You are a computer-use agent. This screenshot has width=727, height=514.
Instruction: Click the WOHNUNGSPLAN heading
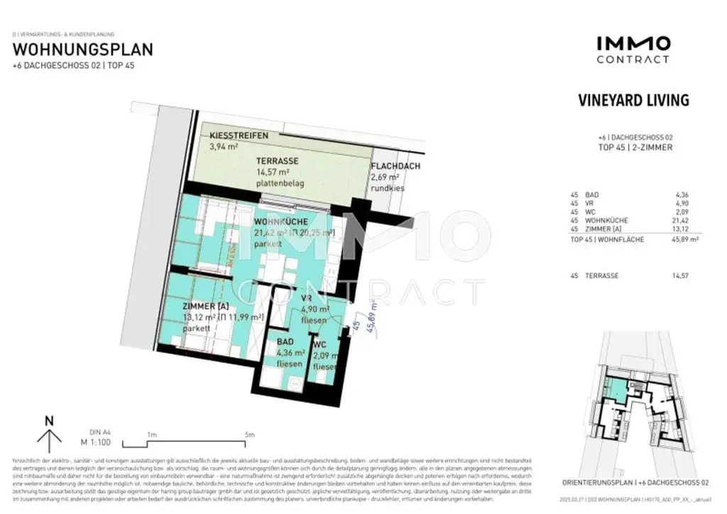(x=83, y=50)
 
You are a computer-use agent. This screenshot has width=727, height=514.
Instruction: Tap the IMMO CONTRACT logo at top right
(x=633, y=49)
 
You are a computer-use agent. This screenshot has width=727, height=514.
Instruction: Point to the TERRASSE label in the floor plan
(x=277, y=161)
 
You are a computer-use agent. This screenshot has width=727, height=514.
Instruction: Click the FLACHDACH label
(x=395, y=167)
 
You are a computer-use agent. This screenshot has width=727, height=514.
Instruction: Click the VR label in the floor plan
(x=307, y=298)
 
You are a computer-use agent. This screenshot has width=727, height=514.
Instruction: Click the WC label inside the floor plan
(x=320, y=346)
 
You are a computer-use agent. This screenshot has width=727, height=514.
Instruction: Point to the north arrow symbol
(x=49, y=434)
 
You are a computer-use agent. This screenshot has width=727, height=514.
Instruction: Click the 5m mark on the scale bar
(x=249, y=434)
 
